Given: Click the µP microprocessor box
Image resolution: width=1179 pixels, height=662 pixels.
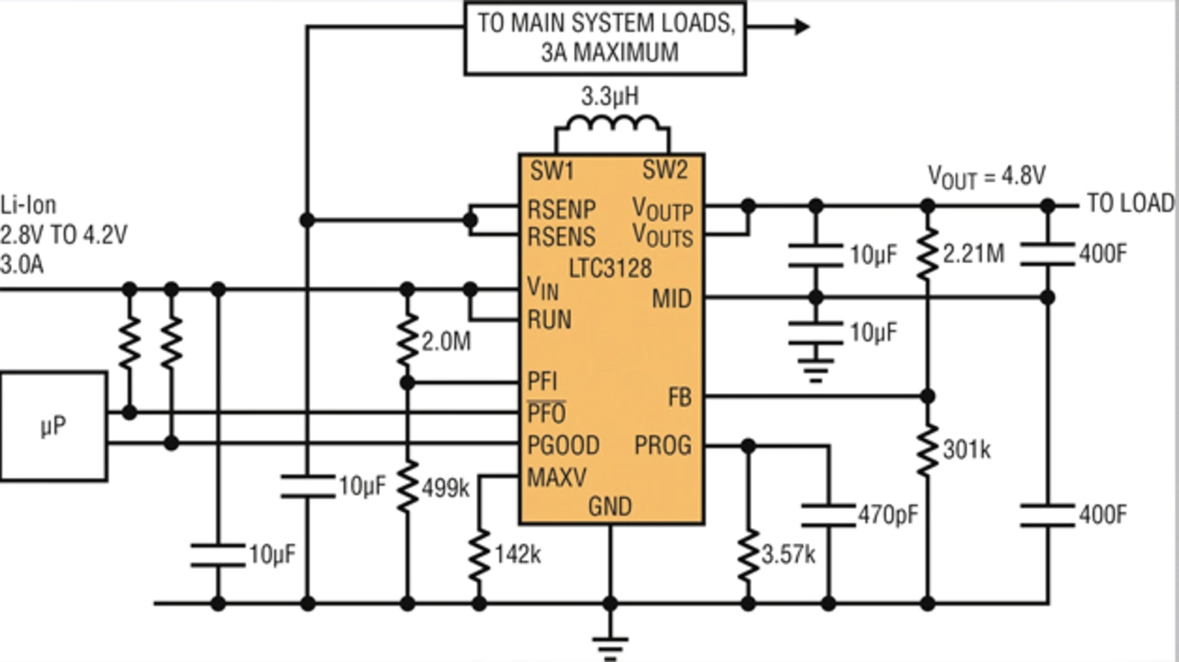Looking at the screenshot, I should pyautogui.click(x=53, y=426).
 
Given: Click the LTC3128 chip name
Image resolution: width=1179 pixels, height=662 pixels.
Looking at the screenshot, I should pyautogui.click(x=609, y=269).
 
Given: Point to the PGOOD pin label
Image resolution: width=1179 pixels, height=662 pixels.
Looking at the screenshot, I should pyautogui.click(x=563, y=446).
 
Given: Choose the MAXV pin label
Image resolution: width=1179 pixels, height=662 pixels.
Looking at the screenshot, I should pyautogui.click(x=555, y=478).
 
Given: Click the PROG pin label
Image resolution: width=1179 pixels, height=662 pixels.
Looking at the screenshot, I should pyautogui.click(x=662, y=446).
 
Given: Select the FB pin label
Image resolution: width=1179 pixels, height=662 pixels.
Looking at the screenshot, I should pyautogui.click(x=679, y=398).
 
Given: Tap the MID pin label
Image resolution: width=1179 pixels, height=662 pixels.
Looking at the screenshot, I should pyautogui.click(x=671, y=298).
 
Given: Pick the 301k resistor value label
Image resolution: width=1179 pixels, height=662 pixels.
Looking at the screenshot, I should pyautogui.click(x=966, y=450).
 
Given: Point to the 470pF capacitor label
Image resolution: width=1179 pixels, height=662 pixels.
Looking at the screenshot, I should pyautogui.click(x=887, y=514).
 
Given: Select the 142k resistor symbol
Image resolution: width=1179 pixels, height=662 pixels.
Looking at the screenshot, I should pyautogui.click(x=479, y=555).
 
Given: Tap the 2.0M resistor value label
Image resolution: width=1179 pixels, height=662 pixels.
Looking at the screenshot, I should pyautogui.click(x=447, y=343).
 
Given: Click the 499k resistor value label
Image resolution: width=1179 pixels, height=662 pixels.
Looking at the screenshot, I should pyautogui.click(x=445, y=489).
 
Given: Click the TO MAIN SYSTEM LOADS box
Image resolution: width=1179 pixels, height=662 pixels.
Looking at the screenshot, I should pyautogui.click(x=605, y=38).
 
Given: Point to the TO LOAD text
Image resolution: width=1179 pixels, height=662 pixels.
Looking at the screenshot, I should pyautogui.click(x=1130, y=203).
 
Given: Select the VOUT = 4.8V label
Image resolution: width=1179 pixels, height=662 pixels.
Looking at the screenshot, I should pyautogui.click(x=986, y=176).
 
